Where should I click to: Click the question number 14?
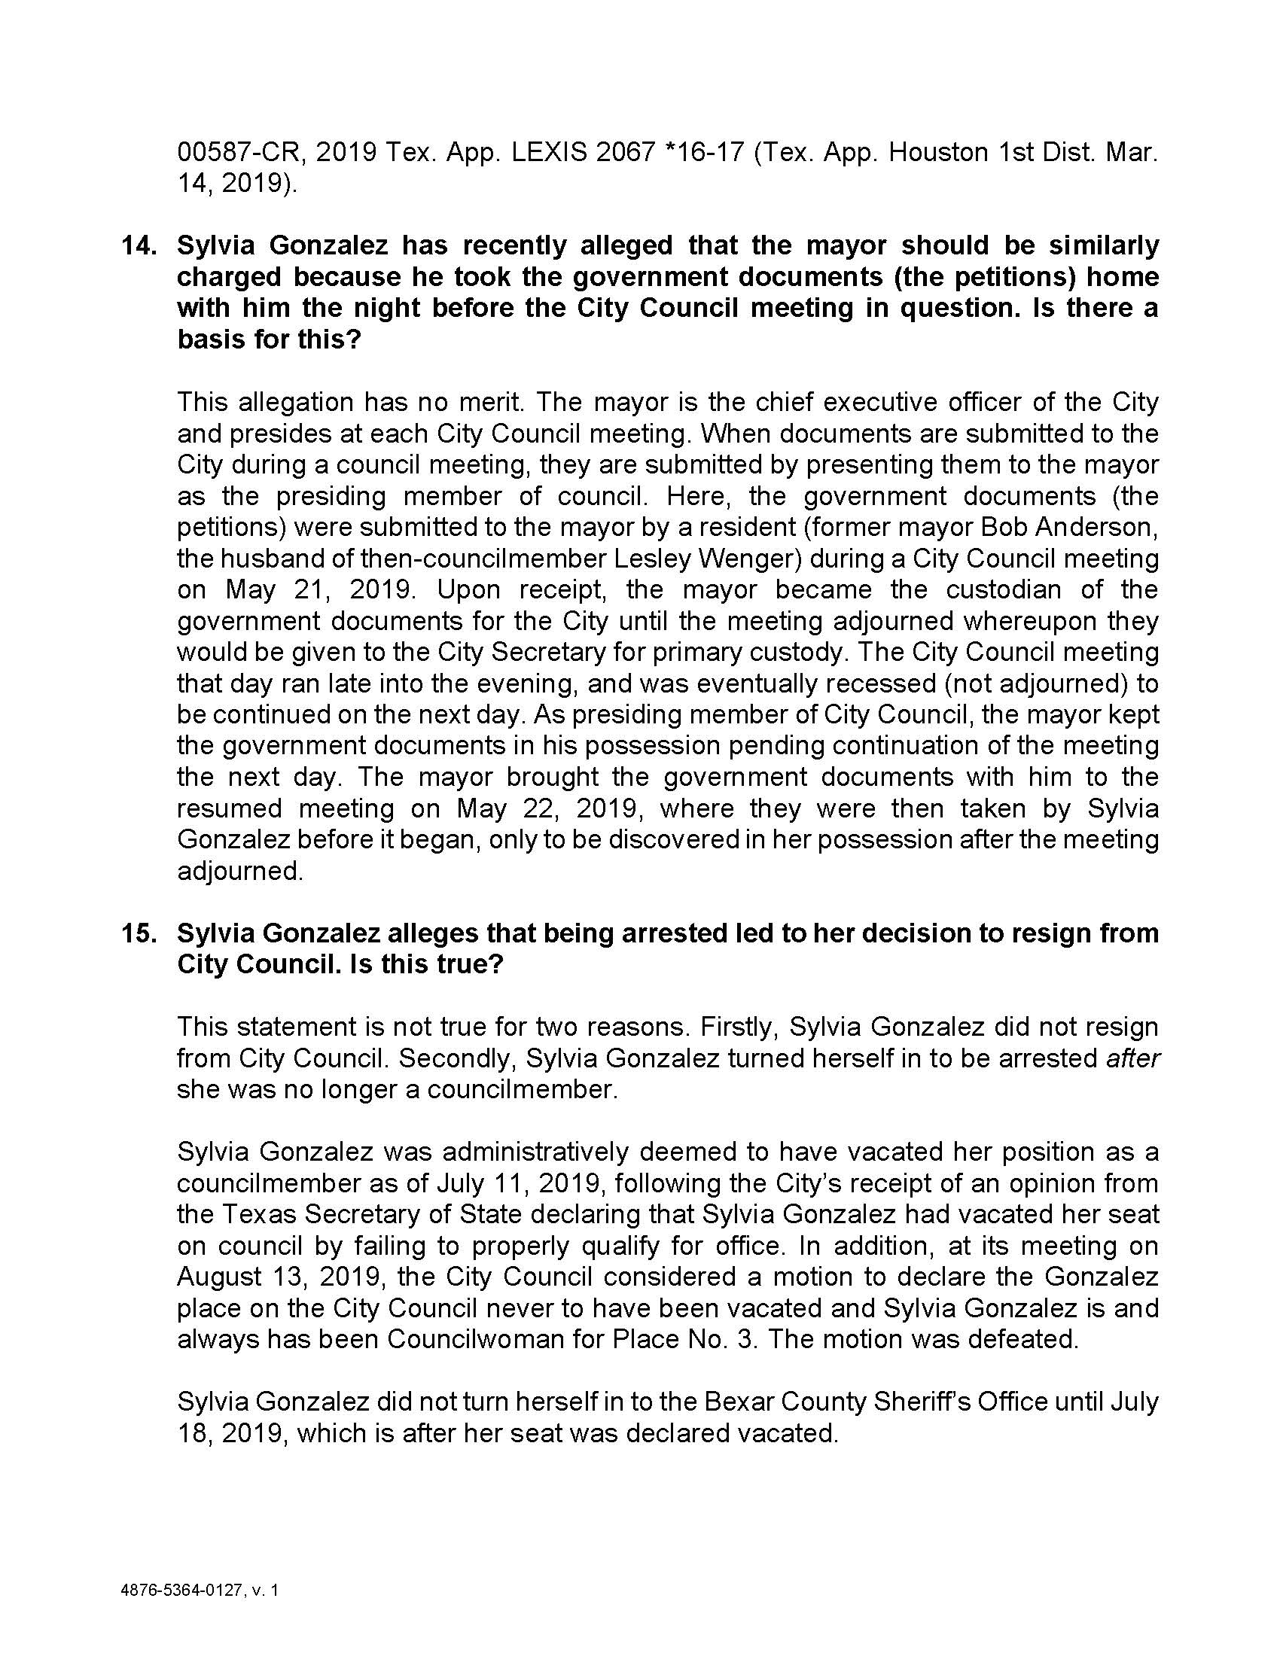click(139, 246)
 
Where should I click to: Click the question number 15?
click(139, 933)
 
